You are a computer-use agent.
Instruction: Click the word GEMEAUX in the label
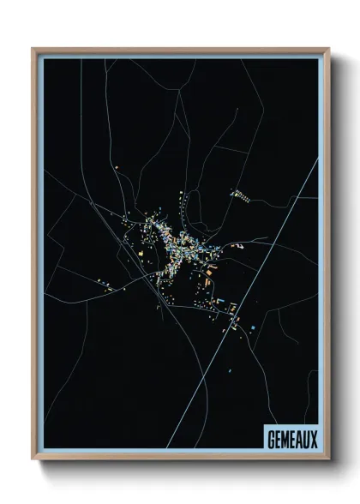291,436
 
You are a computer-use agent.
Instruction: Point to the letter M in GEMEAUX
285,436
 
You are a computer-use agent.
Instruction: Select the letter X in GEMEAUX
314,436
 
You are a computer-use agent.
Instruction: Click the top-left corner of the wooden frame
33,49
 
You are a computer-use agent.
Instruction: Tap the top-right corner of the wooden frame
328,49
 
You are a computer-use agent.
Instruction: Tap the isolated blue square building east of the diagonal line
254,326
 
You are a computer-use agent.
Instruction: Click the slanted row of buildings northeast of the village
241,195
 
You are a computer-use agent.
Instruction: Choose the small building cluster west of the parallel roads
104,283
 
